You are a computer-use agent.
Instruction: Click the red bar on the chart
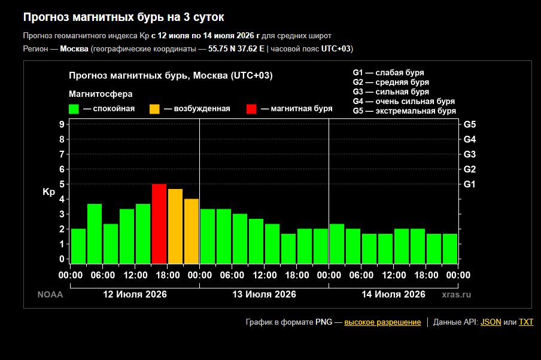[x=159, y=224]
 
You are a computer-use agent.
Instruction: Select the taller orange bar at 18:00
[x=175, y=226]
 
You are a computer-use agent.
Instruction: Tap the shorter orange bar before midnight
[x=192, y=231]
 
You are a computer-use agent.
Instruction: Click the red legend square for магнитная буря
[x=251, y=109]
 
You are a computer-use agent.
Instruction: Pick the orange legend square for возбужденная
[x=154, y=109]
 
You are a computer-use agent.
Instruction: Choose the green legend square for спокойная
[x=74, y=109]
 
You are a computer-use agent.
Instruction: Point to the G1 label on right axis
[x=469, y=184]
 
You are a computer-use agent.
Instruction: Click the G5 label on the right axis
[x=469, y=124]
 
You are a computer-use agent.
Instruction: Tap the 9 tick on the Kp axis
[x=62, y=124]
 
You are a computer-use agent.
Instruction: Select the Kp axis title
[x=48, y=192]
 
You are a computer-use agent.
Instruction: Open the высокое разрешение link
[x=382, y=322]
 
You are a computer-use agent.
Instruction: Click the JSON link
[x=491, y=322]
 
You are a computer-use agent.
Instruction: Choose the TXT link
[x=526, y=322]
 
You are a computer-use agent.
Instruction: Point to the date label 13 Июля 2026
[x=265, y=294]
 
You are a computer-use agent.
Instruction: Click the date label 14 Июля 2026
[x=393, y=294]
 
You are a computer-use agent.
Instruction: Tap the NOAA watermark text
[x=50, y=294]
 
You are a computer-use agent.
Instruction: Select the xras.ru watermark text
[x=457, y=294]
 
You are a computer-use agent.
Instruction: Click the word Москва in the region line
[x=74, y=48]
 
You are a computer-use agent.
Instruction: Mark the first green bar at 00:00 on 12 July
[x=78, y=246]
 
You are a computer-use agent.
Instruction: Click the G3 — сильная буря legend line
[x=391, y=91]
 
